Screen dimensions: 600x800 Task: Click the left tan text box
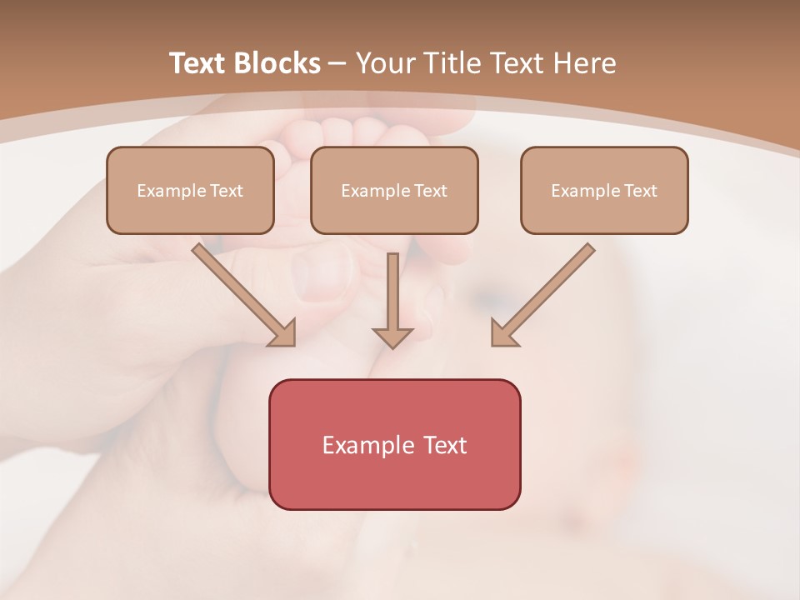pos(190,191)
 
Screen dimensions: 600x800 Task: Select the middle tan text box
pos(394,191)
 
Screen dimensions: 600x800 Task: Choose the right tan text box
pos(604,191)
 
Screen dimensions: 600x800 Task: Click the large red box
pos(394,444)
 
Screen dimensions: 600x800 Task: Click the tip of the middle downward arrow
pos(392,345)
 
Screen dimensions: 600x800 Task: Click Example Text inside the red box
pos(394,445)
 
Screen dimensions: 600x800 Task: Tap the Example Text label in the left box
pos(190,191)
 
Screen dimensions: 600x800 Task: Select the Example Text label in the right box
pos(604,191)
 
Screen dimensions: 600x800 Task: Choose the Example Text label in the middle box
pos(394,191)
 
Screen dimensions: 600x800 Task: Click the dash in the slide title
pos(338,64)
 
